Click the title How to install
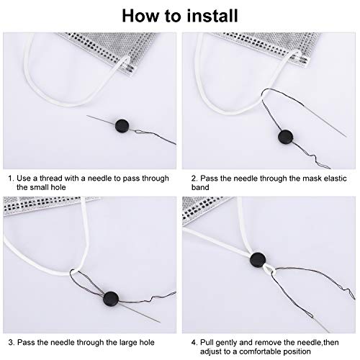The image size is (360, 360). click(x=179, y=14)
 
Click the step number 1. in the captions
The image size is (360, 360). click(x=11, y=176)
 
